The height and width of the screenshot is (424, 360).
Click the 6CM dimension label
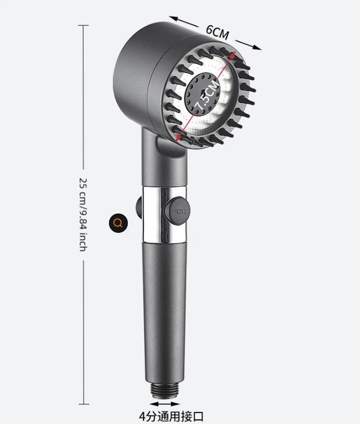click(x=218, y=32)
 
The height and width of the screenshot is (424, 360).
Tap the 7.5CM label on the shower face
click(x=207, y=95)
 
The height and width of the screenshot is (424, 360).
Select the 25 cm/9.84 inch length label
click(x=83, y=215)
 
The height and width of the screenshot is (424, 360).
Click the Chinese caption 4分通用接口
click(x=171, y=416)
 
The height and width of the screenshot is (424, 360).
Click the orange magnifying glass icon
click(x=118, y=223)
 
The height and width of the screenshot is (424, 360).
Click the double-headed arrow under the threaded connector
click(x=165, y=404)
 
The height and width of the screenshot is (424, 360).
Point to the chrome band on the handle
click(x=165, y=214)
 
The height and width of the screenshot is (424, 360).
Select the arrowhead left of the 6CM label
click(x=174, y=19)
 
